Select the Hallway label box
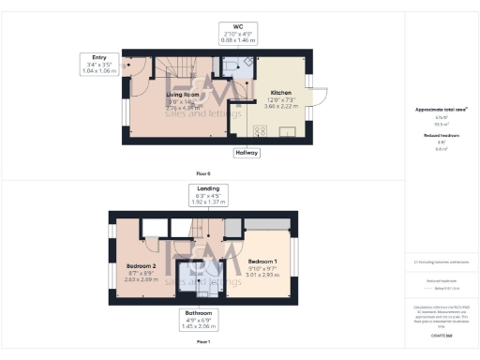pyautogui.click(x=247, y=152)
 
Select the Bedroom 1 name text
pyautogui.click(x=262, y=261)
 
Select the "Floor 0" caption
pyautogui.click(x=203, y=174)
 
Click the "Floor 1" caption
pyautogui.click(x=203, y=341)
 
